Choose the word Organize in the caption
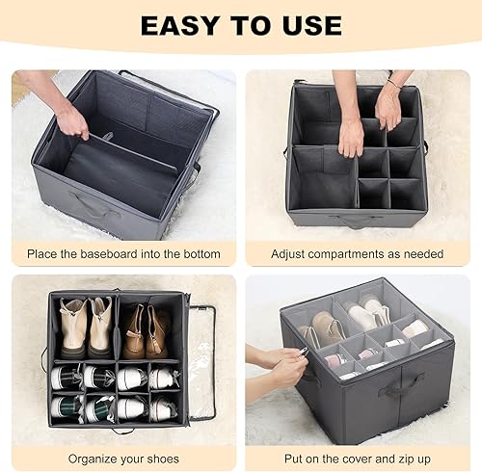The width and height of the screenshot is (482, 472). click(x=85, y=459)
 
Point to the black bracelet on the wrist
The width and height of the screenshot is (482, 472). click(x=393, y=85)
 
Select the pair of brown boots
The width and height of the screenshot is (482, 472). click(x=147, y=330)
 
